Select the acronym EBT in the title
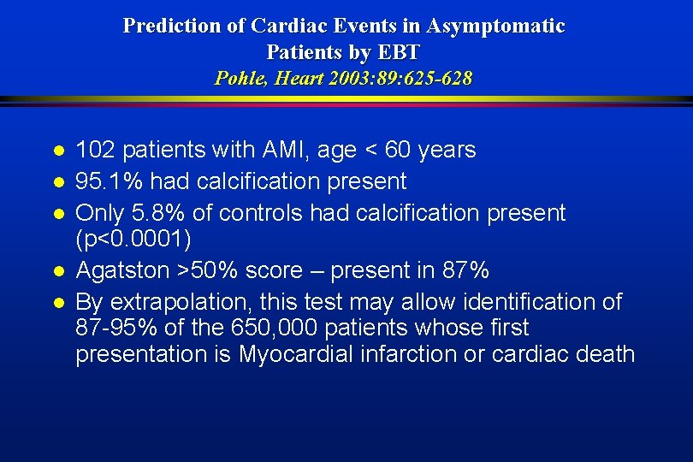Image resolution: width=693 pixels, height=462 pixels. point(397,52)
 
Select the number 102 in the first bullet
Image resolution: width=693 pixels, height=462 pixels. point(95,151)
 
